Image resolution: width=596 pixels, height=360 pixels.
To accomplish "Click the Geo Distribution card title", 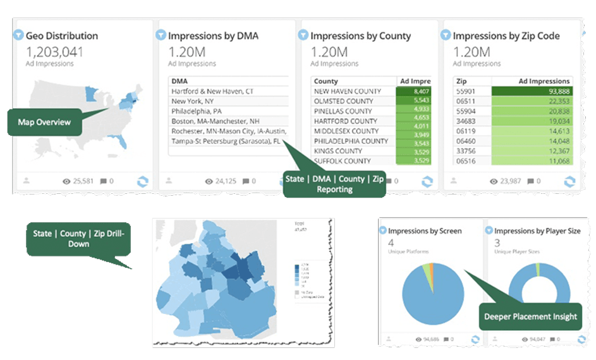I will click(x=62, y=36).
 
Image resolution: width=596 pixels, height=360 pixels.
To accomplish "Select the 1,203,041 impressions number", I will click(x=55, y=52).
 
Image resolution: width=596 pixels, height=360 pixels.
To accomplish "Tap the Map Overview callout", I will click(x=44, y=121).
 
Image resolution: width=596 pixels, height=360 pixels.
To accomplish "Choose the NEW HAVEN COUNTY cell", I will click(x=348, y=92).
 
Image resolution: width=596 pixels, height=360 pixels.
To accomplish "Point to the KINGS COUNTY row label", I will click(x=339, y=152).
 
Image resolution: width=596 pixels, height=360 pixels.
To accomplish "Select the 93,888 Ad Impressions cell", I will click(x=532, y=92).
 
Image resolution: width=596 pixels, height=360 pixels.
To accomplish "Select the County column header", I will click(x=326, y=81).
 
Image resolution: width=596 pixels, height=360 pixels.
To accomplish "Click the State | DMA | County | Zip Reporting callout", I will click(x=334, y=184).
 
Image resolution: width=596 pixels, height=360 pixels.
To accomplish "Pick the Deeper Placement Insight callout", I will click(x=530, y=316).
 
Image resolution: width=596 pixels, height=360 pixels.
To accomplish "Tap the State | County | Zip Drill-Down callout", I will click(x=78, y=238).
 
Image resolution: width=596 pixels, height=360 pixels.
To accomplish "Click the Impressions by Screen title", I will click(x=425, y=231).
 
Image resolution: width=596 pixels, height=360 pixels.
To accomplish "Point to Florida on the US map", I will click(x=120, y=138).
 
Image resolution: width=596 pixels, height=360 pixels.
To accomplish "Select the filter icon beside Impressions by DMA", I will click(x=161, y=35).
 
